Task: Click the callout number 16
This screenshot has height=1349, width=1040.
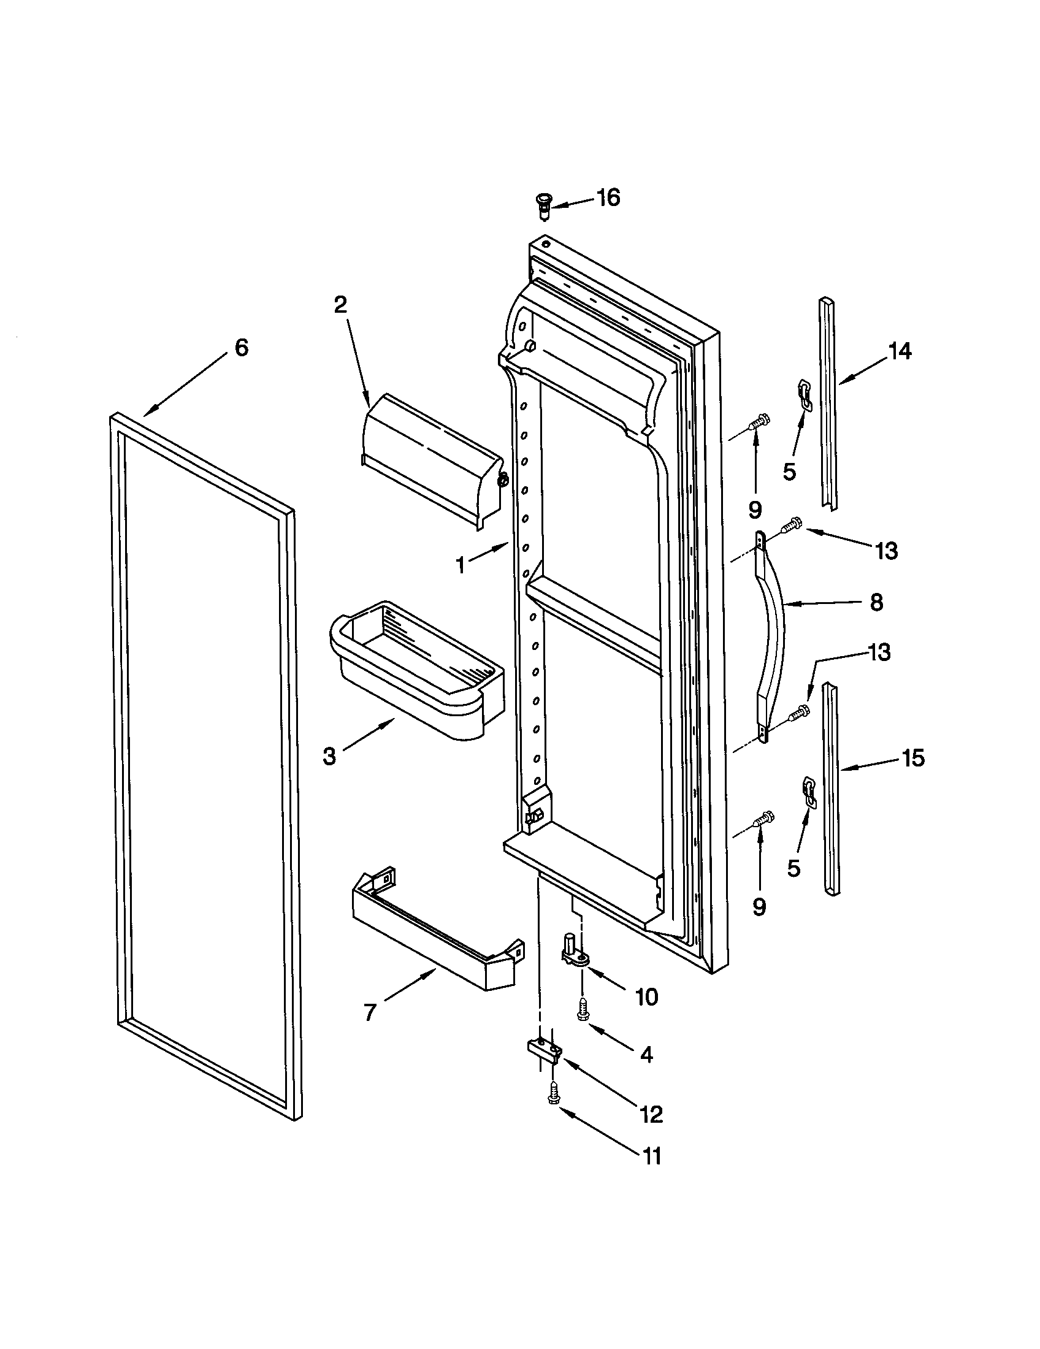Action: (x=608, y=198)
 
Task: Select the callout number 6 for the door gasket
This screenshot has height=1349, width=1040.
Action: (x=242, y=348)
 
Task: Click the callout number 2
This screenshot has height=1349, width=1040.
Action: (x=340, y=305)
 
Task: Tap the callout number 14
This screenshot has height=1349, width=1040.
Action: (x=900, y=351)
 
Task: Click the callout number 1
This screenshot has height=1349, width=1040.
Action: (x=461, y=565)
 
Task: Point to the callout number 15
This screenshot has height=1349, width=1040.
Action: (x=914, y=758)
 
